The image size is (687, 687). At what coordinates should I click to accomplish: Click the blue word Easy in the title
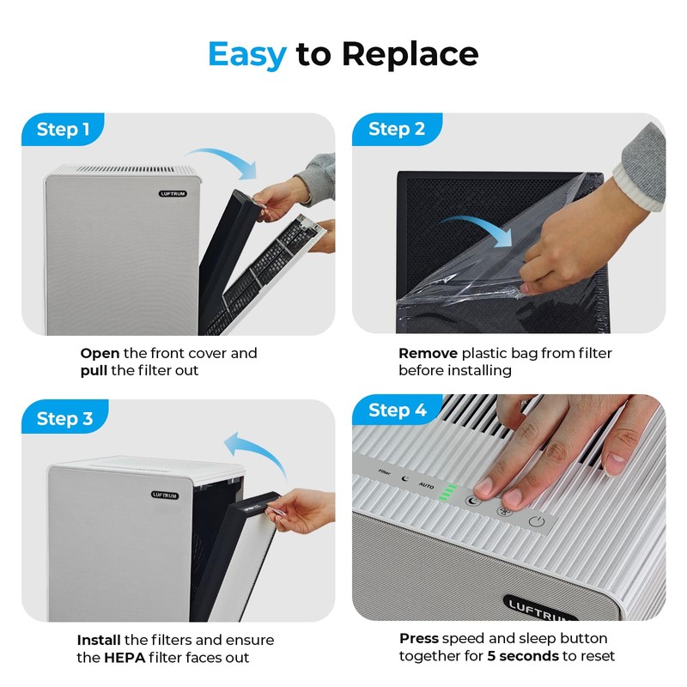tap(247, 54)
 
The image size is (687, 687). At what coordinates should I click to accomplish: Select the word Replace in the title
tap(410, 54)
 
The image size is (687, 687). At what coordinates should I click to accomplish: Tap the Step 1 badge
tap(63, 130)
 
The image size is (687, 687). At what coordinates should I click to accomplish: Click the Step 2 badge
tap(396, 130)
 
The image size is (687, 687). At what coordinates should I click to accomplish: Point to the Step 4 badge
tap(397, 410)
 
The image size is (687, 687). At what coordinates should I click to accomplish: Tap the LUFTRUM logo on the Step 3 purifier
tap(165, 495)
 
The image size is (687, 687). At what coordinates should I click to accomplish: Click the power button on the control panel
tap(538, 521)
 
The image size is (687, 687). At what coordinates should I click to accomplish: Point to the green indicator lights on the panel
tap(447, 492)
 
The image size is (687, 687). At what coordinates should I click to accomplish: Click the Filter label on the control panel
tap(385, 472)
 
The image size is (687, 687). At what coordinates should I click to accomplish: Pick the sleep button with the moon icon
tap(472, 501)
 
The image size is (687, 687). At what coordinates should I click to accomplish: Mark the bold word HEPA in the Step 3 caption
tap(130, 658)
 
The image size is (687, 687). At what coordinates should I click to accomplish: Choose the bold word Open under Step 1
tap(100, 353)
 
